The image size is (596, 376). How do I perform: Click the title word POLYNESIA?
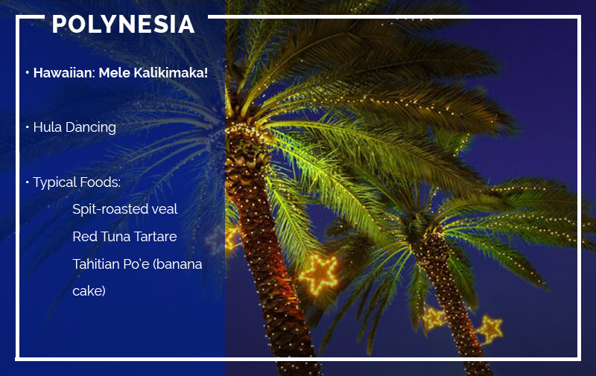(123, 25)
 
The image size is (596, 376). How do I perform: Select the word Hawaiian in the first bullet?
(63, 72)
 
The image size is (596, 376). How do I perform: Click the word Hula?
(47, 127)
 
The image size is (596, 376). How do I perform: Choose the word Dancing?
(90, 128)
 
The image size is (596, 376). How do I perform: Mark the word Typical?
(54, 182)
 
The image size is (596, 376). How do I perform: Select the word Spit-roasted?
(110, 209)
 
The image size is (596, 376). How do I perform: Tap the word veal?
(164, 209)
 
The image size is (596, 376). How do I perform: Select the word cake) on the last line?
(89, 291)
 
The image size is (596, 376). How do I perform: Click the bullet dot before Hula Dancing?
(28, 127)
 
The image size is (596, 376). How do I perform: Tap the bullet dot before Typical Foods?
(28, 182)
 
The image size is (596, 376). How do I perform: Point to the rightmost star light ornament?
(491, 330)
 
